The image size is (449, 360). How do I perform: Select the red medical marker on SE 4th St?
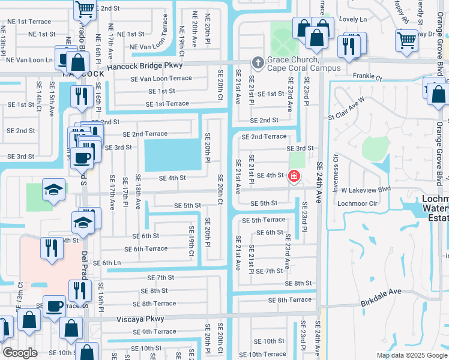[x=294, y=176]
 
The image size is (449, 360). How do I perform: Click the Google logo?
[x=20, y=353]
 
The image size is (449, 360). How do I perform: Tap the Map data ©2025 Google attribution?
[x=411, y=355]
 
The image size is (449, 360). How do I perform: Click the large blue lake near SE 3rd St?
[x=172, y=154]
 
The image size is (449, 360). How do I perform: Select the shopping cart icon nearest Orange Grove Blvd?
[x=407, y=40]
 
